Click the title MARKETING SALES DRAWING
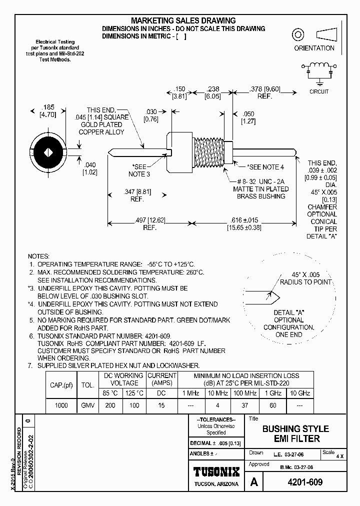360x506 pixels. click(x=183, y=20)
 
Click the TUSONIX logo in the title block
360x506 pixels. click(x=216, y=471)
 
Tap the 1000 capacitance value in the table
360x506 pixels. click(x=61, y=405)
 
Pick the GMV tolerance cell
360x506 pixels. click(x=87, y=405)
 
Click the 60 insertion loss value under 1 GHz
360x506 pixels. click(x=272, y=405)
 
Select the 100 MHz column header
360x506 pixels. click(x=245, y=393)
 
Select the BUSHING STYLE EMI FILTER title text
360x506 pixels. click(x=295, y=433)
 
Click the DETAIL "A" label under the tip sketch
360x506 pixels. click(x=288, y=312)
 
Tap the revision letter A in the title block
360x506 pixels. click(x=254, y=482)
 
